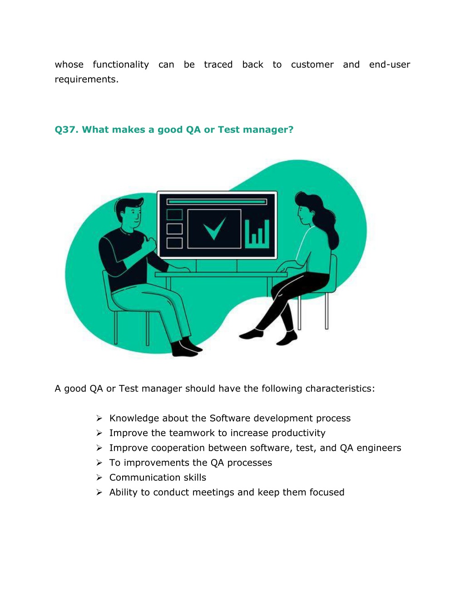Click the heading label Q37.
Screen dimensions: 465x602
click(66, 130)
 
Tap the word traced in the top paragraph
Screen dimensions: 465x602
click(218, 65)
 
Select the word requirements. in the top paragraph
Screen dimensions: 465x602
click(87, 80)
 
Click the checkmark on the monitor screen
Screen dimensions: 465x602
click(214, 228)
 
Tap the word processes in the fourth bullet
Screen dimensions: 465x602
click(250, 463)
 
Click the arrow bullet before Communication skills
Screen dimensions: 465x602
click(99, 478)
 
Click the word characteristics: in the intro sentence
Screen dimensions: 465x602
click(340, 388)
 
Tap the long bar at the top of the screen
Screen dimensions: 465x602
click(217, 202)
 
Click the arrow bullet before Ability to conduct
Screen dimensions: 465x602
click(99, 493)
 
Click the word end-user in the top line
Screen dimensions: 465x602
click(390, 65)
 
